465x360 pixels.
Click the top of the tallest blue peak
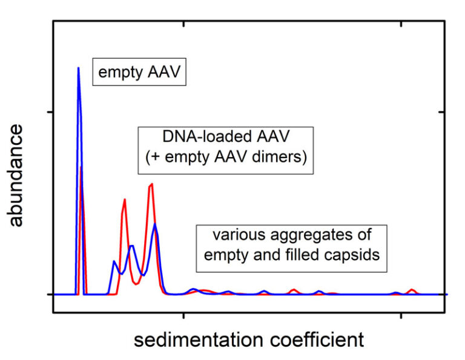click(x=78, y=68)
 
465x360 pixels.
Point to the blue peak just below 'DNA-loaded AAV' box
click(x=156, y=224)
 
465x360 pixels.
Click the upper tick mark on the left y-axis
click(x=57, y=112)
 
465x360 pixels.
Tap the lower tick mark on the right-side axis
click(x=443, y=294)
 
